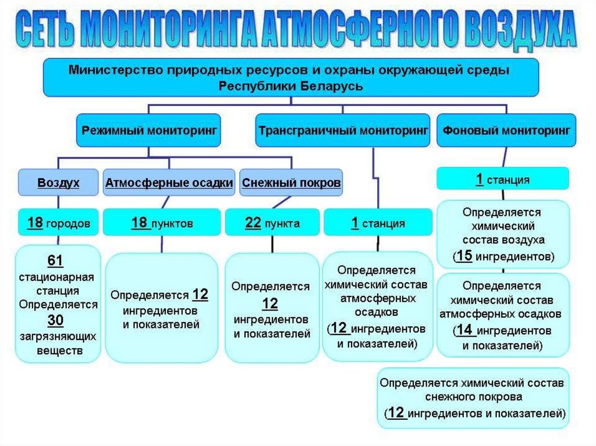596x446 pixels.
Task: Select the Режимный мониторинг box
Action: pyautogui.click(x=148, y=130)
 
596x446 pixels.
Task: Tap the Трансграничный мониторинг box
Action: pyautogui.click(x=343, y=130)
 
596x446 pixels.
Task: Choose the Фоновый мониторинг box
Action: pyautogui.click(x=506, y=130)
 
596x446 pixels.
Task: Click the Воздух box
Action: pyautogui.click(x=58, y=183)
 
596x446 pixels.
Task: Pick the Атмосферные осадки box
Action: pyautogui.click(x=169, y=183)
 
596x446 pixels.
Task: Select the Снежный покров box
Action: pyautogui.click(x=291, y=183)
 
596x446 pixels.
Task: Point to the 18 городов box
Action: pyautogui.click(x=58, y=223)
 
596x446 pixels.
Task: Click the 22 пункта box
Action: pyautogui.click(x=272, y=223)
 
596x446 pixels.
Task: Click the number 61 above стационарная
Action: pyautogui.click(x=56, y=259)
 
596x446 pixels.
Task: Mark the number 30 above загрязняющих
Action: pyautogui.click(x=56, y=320)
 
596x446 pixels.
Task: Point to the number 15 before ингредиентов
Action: pyautogui.click(x=463, y=255)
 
